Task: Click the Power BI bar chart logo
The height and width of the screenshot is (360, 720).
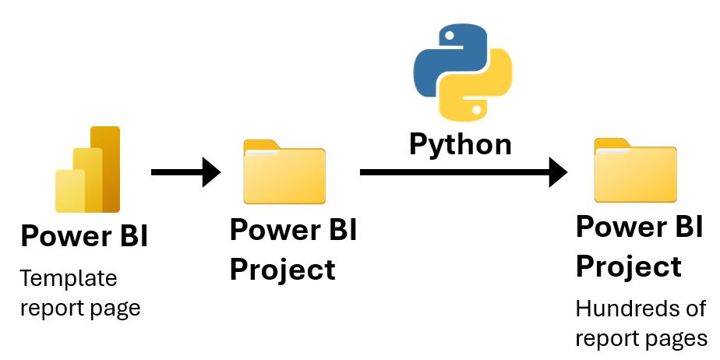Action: (x=88, y=169)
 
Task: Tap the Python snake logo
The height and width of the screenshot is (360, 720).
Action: (x=463, y=72)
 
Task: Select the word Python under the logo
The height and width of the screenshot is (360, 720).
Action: (x=460, y=145)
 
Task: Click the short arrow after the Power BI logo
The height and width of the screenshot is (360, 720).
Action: (x=186, y=172)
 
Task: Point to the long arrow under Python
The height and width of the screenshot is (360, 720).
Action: (x=464, y=172)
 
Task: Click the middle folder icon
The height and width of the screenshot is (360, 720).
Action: (x=284, y=171)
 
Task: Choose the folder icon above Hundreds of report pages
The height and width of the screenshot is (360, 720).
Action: (x=636, y=171)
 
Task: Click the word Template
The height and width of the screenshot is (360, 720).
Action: (x=69, y=278)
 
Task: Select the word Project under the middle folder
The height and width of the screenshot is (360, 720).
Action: (x=282, y=269)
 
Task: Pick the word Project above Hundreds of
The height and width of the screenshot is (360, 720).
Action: (x=629, y=266)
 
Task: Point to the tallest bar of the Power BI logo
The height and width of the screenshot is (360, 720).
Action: (x=105, y=169)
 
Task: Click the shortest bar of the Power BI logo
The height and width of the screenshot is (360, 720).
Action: (x=70, y=191)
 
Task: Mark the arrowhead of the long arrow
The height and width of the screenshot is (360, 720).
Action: (x=559, y=172)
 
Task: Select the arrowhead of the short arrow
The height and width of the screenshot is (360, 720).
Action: (x=212, y=172)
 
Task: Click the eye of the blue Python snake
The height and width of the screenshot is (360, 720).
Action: (x=450, y=35)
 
